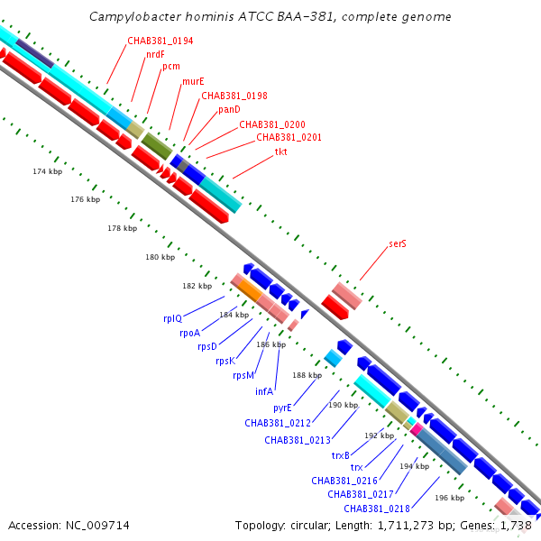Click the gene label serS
coord(398,243)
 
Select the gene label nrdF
coord(155,54)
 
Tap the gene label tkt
coord(280,151)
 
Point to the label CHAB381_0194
coord(160,41)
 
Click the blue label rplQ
coord(172,318)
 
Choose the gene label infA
coord(264,391)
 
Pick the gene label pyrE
coord(282,408)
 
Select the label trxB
coord(341,455)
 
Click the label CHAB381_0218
coord(377,509)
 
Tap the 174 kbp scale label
coord(48,171)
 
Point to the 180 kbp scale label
coord(160,257)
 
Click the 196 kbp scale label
coord(450,498)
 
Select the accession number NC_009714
coord(97,526)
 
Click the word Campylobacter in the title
coord(135,17)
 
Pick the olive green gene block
coord(157,146)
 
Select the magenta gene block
coord(417,429)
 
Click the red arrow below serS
coord(335,307)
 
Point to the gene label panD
coord(229,110)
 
